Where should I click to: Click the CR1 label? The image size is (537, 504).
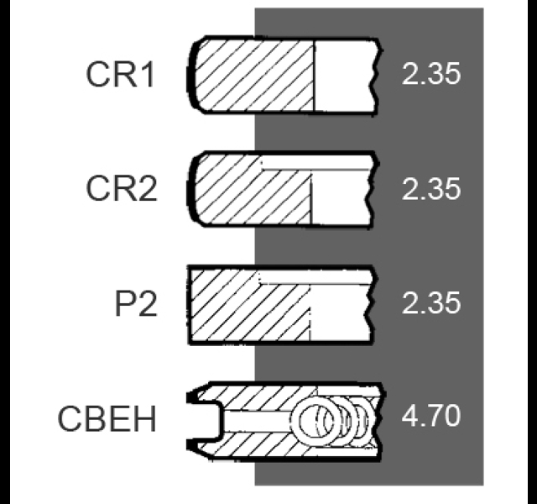point(120,75)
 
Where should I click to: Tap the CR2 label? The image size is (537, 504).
point(122,188)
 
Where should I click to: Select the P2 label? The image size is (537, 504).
point(136,303)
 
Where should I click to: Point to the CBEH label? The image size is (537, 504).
point(107,418)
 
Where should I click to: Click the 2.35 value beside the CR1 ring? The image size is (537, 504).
point(431,74)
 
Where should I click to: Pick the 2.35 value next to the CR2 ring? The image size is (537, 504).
point(431,188)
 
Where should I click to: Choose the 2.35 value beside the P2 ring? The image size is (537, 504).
point(431,303)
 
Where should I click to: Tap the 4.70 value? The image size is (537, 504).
point(431,416)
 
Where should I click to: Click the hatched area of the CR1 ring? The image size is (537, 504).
point(254,76)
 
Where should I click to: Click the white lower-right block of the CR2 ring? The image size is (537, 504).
point(341,198)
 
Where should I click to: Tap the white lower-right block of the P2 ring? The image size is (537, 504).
point(340,312)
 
